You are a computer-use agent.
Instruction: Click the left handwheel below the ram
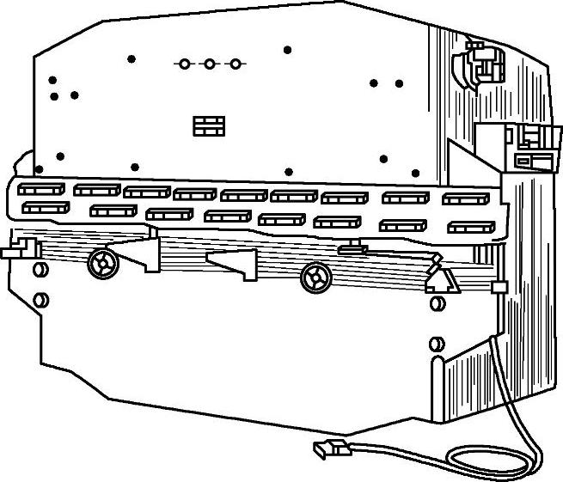(x=101, y=263)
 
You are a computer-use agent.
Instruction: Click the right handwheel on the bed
(x=315, y=277)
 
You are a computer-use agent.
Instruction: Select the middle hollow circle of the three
(x=209, y=64)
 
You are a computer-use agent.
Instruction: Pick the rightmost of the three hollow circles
(x=234, y=64)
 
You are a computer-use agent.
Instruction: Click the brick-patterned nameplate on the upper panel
(x=209, y=125)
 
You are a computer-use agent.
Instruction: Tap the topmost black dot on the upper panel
(x=287, y=50)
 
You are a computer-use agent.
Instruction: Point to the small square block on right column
(x=497, y=286)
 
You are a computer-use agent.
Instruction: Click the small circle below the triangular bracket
(x=434, y=303)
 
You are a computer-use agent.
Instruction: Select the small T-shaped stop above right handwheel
(x=352, y=248)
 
